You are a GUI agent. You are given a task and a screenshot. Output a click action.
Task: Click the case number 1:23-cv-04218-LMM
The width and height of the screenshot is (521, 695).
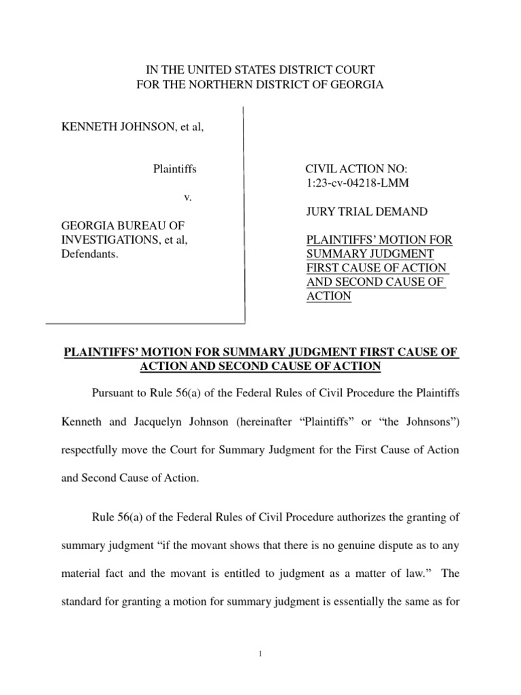click(x=358, y=183)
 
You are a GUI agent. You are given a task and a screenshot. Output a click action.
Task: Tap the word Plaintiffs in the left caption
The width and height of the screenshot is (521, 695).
click(x=175, y=169)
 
